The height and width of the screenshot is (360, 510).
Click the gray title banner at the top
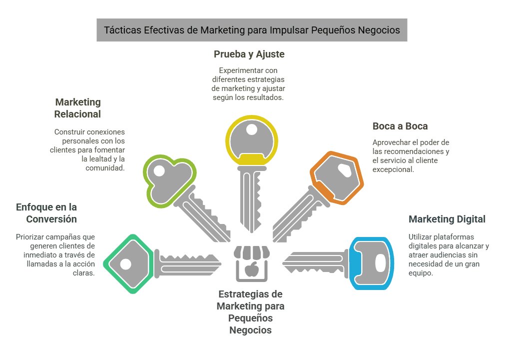pyautogui.click(x=252, y=30)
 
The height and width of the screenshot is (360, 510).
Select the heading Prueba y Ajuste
pyautogui.click(x=249, y=54)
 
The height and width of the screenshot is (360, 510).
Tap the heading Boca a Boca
pyautogui.click(x=400, y=126)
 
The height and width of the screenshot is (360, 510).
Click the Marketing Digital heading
pyautogui.click(x=447, y=219)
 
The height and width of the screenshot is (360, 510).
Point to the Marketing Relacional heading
pyautogui.click(x=78, y=108)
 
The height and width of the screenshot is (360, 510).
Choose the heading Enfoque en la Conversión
pyautogui.click(x=46, y=213)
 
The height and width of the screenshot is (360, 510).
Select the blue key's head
pyautogui.click(x=370, y=263)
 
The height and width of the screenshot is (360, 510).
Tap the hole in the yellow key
pyautogui.click(x=252, y=130)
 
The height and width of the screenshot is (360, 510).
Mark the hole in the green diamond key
pyautogui.click(x=125, y=263)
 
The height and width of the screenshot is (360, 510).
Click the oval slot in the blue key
pyautogui.click(x=380, y=263)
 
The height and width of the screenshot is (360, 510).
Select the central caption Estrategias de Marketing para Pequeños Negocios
pyautogui.click(x=250, y=312)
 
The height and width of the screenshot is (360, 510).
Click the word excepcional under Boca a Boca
pyautogui.click(x=393, y=169)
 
